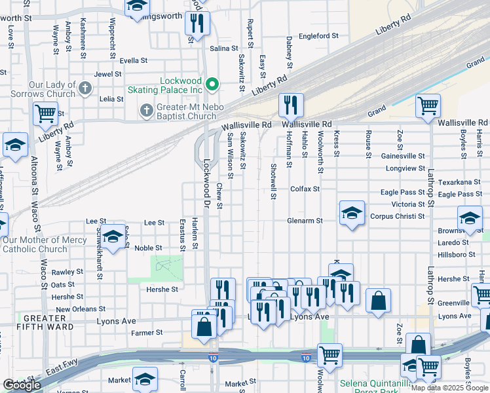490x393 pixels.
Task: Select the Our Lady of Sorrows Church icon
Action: coord(85,88)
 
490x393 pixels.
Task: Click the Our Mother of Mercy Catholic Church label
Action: coord(45,244)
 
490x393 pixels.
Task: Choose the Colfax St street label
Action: coord(305,189)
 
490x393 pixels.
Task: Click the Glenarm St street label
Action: coord(305,221)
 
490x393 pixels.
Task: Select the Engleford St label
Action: coord(318,36)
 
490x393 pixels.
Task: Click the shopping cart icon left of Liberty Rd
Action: coord(45,113)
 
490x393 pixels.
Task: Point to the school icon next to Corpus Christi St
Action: coord(352,214)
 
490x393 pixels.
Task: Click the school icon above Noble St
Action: coord(113,236)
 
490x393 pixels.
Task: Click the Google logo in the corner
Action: coord(22,385)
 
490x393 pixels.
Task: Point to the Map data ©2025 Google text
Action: coord(449,388)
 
